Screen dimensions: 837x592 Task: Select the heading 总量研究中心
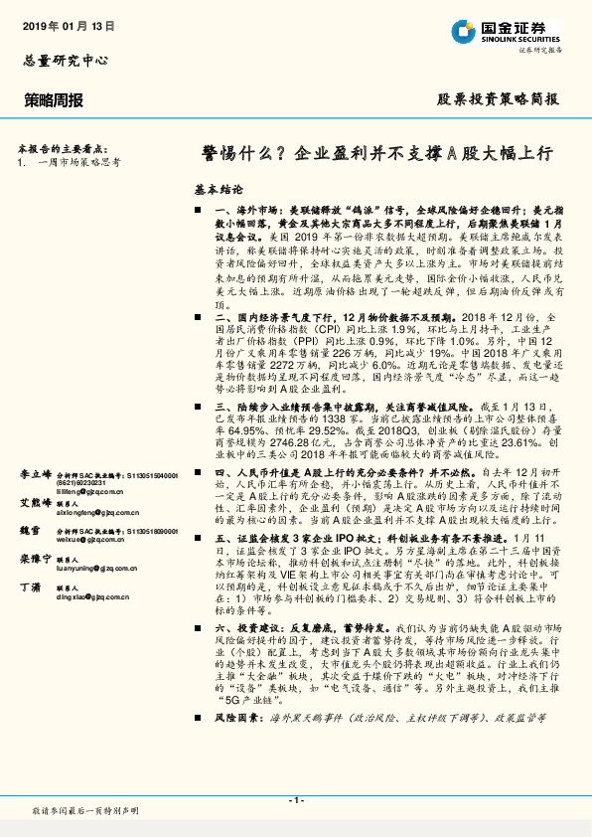pyautogui.click(x=62, y=61)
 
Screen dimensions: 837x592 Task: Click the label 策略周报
pyautogui.click(x=54, y=100)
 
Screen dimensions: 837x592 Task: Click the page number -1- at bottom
pyautogui.click(x=295, y=800)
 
